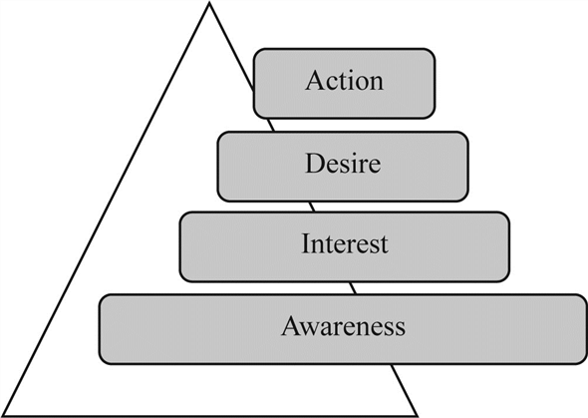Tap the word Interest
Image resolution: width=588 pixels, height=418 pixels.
coord(345,243)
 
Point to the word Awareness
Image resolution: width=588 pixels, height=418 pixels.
coord(344,325)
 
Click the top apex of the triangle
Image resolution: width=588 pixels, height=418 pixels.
coord(208,4)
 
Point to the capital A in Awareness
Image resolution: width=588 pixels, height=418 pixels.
coord(291,325)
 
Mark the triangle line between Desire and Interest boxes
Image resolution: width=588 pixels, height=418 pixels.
coord(311,205)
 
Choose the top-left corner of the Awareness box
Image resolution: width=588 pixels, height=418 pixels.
coord(102,296)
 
